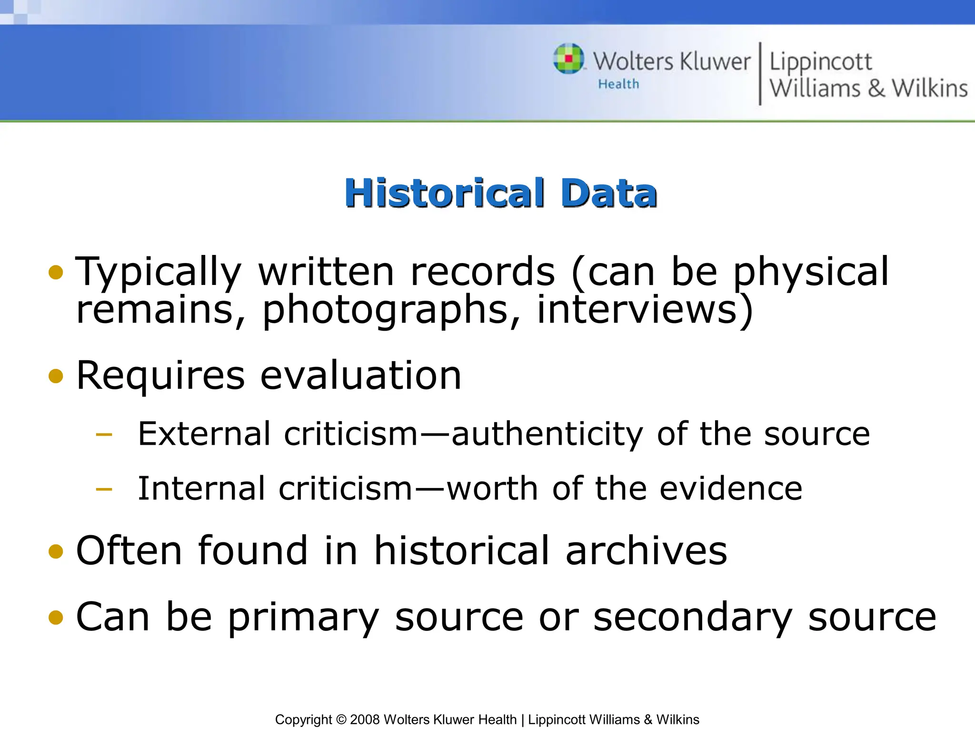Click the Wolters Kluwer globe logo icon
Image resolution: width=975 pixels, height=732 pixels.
click(569, 59)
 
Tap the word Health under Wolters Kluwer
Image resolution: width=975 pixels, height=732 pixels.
click(618, 84)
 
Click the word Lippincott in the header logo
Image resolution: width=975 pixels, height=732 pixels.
click(820, 62)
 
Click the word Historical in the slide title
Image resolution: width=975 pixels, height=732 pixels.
click(445, 193)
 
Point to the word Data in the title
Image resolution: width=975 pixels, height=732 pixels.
click(609, 193)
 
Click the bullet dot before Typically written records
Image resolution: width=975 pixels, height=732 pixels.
click(56, 272)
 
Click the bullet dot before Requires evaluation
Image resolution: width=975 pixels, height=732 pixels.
click(56, 376)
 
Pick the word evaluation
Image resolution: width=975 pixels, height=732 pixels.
click(360, 376)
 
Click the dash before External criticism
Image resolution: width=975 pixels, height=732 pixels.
click(104, 434)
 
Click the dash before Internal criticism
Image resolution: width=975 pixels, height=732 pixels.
click(104, 489)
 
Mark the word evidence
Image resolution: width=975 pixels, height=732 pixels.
click(731, 489)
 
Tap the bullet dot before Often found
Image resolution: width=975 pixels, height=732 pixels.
click(56, 551)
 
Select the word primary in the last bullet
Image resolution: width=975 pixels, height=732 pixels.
click(303, 617)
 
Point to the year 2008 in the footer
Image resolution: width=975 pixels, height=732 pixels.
click(365, 720)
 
